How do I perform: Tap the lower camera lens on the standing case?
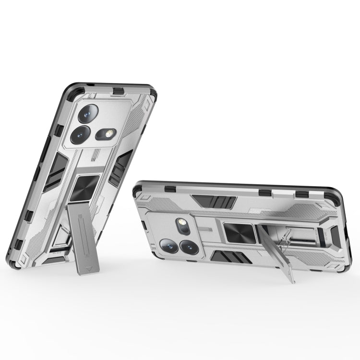tap(79, 135)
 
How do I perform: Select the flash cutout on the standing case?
tap(105, 132)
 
